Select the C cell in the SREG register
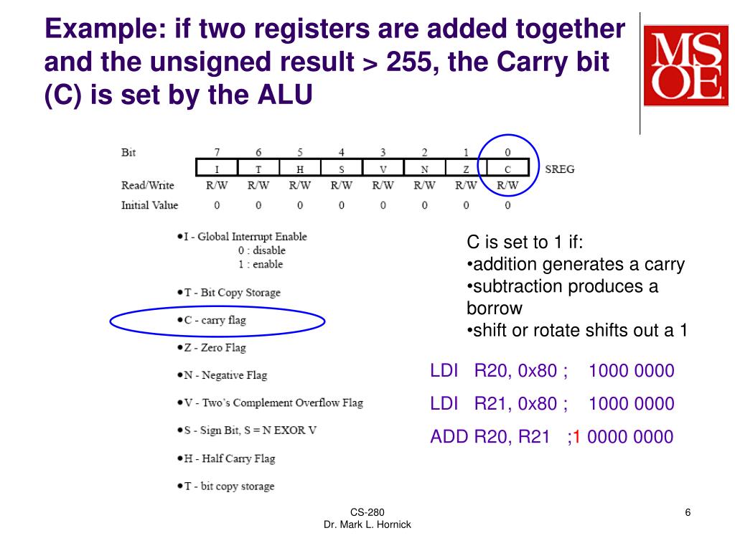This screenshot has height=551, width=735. coord(507,169)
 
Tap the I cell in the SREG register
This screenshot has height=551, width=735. coord(217,169)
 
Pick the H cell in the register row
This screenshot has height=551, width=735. coord(300,169)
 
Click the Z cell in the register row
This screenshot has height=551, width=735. coord(466,169)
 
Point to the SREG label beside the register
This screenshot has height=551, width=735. coord(560,169)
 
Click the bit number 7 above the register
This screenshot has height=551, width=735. coord(217,152)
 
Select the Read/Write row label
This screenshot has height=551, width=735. coord(147,185)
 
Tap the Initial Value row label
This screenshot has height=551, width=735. coord(149,205)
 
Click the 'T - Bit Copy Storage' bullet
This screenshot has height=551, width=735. coord(232,293)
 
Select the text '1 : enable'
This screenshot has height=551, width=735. coord(261,264)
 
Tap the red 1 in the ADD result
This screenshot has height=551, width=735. coord(576,436)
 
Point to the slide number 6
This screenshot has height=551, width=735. coord(688,512)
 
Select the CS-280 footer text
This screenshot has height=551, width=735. coord(367,512)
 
